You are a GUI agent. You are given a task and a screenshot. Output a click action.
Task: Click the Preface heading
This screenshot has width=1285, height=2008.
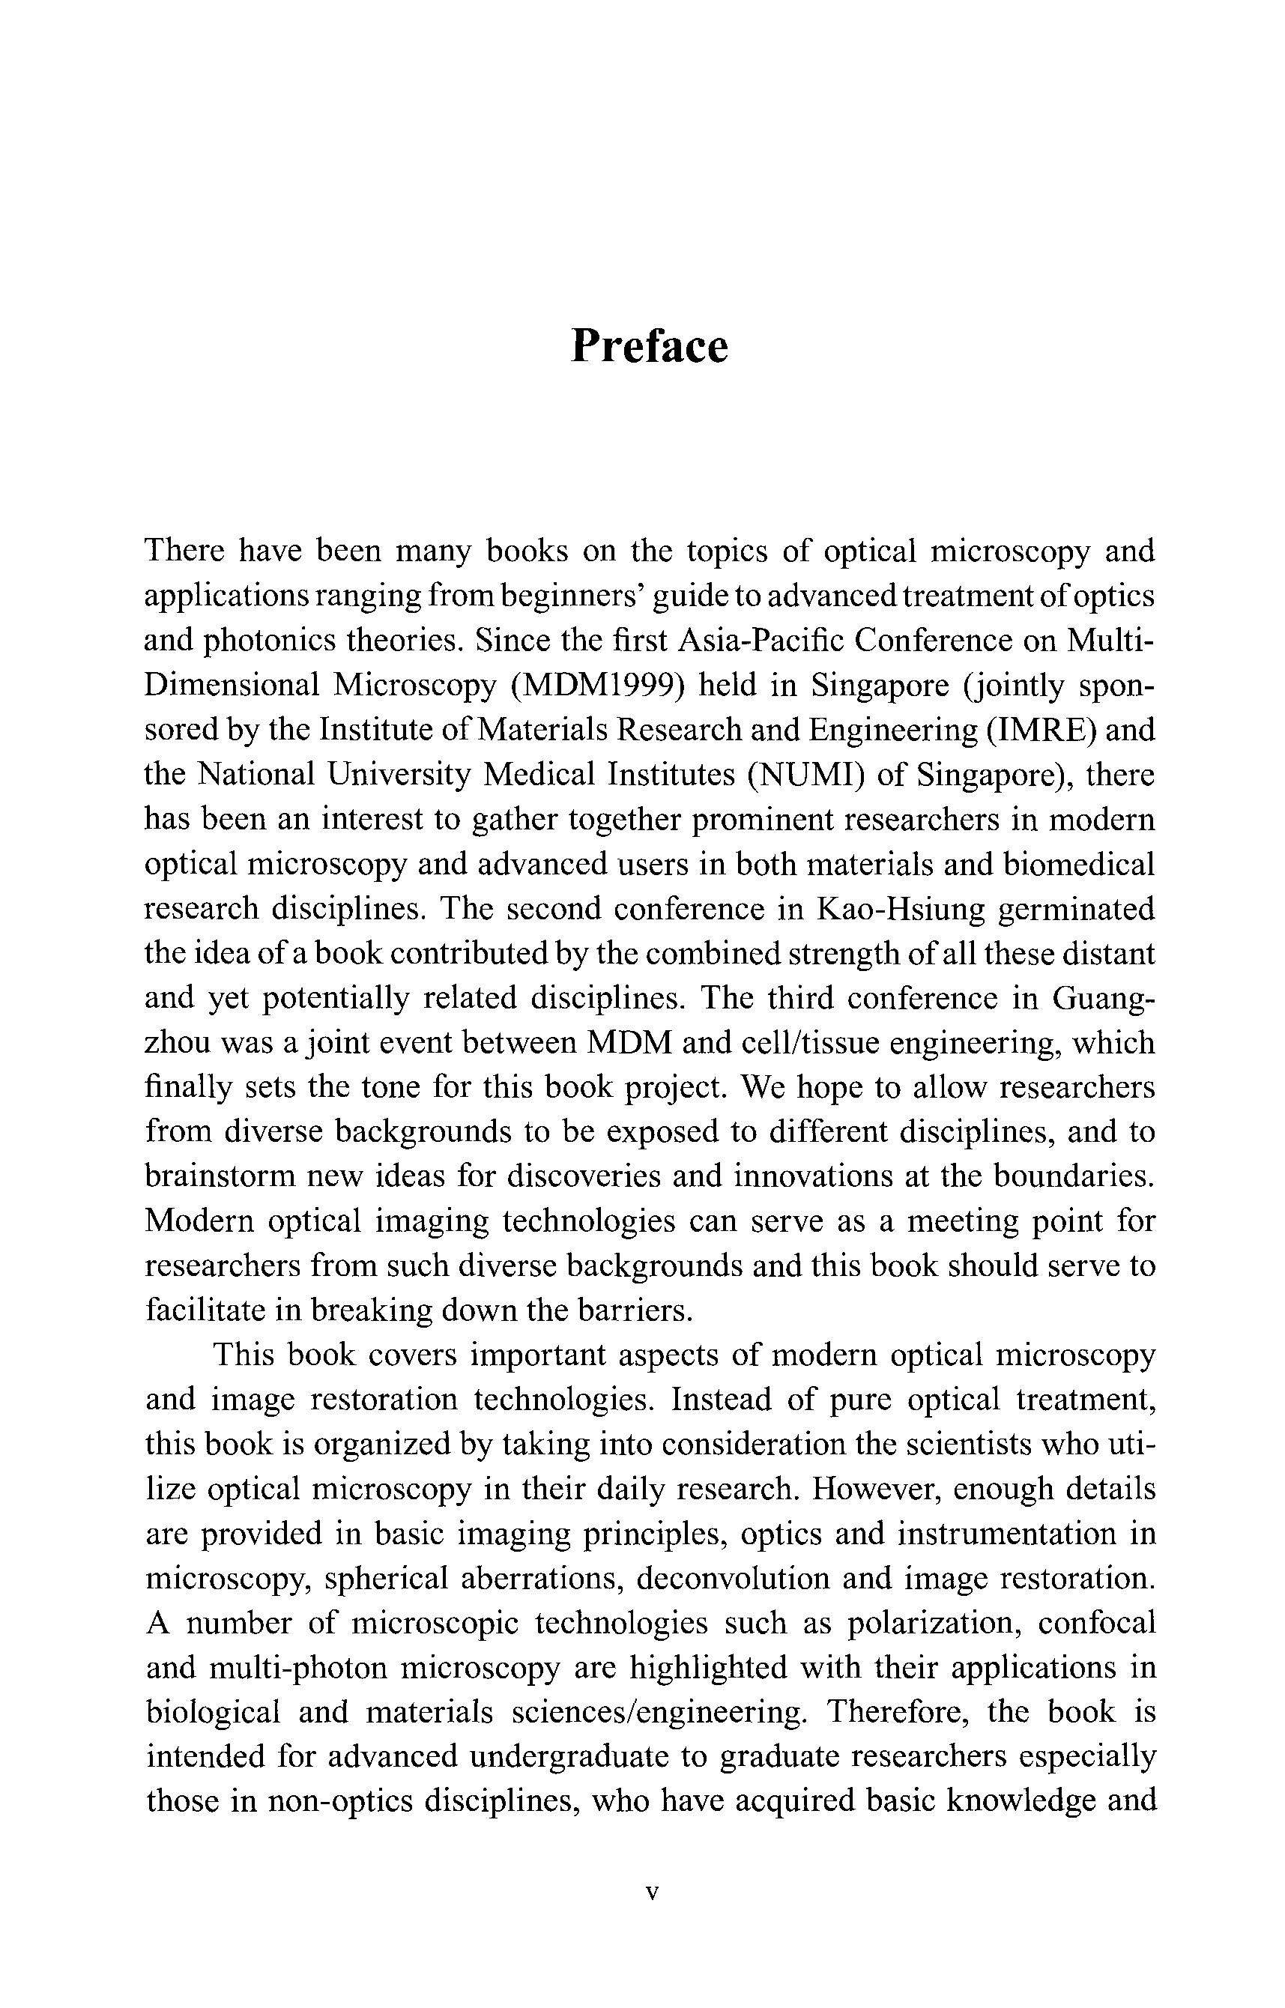click(649, 346)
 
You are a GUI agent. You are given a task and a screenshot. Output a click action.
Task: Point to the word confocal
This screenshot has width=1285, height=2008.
click(1097, 1623)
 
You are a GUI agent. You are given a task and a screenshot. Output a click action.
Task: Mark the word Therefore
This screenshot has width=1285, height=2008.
click(898, 1712)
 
